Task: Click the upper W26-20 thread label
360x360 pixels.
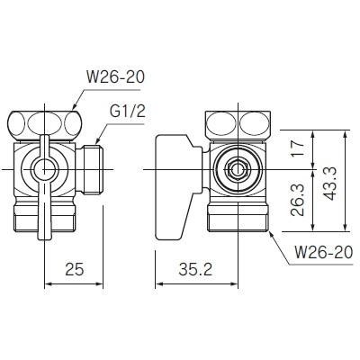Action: (115, 77)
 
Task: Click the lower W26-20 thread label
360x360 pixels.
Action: (324, 252)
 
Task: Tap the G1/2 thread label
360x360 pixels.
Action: (128, 112)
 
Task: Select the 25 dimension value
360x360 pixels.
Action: (74, 269)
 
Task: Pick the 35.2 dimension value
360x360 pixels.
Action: (195, 269)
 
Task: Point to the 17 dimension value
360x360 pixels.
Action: (298, 148)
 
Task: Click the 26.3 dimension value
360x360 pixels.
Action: (298, 201)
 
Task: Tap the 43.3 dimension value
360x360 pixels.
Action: (331, 184)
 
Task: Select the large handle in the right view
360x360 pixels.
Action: (177, 186)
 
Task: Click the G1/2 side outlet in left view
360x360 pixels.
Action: (89, 169)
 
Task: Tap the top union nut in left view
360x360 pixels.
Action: (44, 126)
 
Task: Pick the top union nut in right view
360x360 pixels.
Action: (238, 125)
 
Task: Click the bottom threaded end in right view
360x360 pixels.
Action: (238, 217)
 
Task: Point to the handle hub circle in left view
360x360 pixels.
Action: (45, 170)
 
